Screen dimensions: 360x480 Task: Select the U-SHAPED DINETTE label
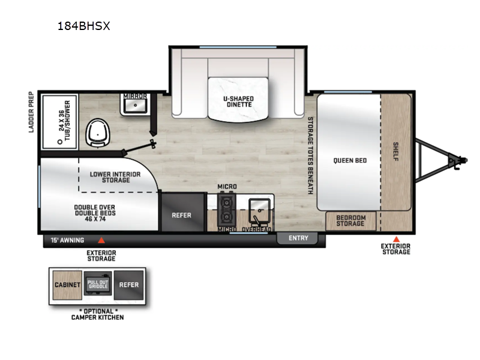(x=238, y=101)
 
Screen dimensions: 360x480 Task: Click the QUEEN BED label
(x=350, y=160)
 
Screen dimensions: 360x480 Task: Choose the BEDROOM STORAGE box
(x=350, y=220)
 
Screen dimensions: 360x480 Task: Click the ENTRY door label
(x=298, y=238)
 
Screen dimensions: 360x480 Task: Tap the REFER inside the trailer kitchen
(x=181, y=214)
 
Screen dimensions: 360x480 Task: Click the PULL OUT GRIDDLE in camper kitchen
(x=98, y=284)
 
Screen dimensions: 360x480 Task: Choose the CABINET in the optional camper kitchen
(x=68, y=285)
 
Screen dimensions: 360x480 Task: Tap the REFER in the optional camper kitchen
(x=128, y=285)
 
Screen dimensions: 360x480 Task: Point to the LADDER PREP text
(x=31, y=112)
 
